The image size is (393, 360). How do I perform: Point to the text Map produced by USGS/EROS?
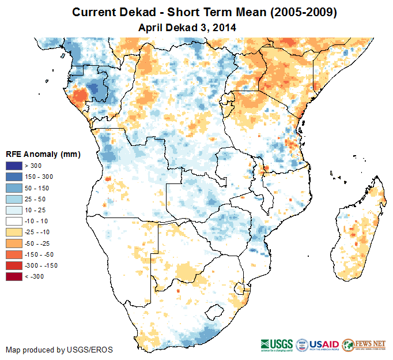pos(59,350)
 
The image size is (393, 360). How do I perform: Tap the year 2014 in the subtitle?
pos(224,27)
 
